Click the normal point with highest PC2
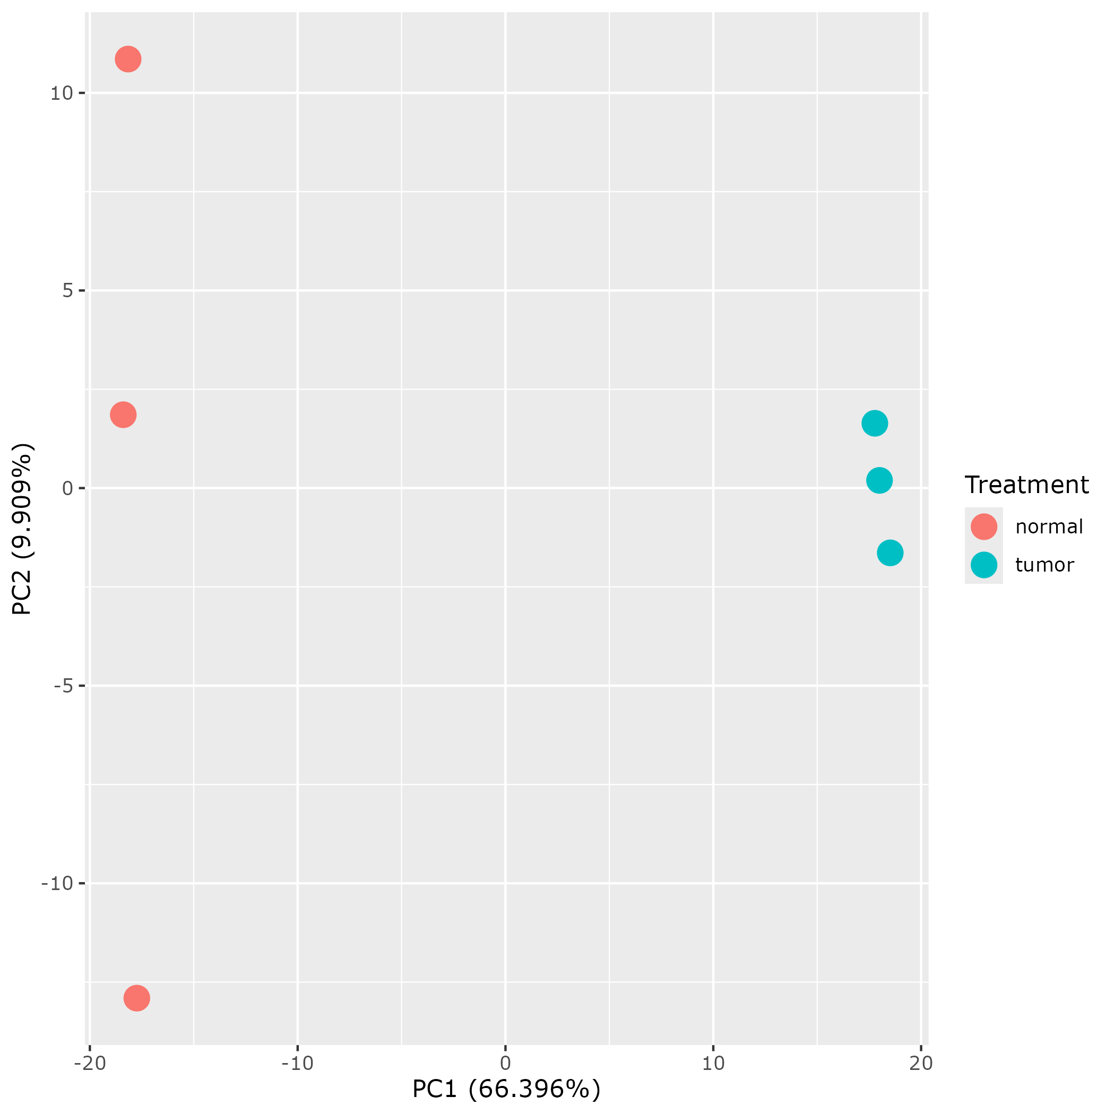coord(128,59)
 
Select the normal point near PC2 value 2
coord(123,414)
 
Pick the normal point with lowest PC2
coord(136,998)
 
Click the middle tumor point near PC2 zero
coord(879,480)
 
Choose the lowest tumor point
coord(890,553)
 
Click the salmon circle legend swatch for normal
coord(983,526)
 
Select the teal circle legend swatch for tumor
coord(983,565)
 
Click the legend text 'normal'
coord(1049,527)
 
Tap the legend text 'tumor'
coord(1044,565)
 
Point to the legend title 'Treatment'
coord(1026,485)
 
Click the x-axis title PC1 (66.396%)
coord(506,1089)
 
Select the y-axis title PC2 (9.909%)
coord(23,529)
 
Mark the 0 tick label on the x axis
coord(505,1064)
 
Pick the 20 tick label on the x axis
coord(921,1064)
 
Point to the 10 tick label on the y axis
coord(61,93)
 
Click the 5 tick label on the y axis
coord(67,291)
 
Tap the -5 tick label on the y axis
coord(64,686)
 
